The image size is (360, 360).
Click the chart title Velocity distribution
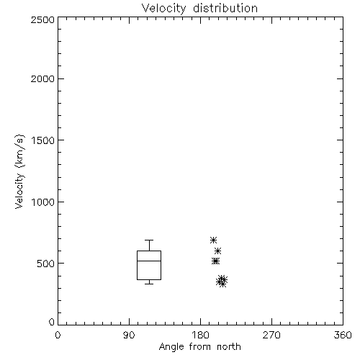[199, 9]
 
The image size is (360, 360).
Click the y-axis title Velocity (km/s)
[19, 171]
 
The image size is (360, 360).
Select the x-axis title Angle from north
[199, 347]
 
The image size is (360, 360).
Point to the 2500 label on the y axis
[42, 19]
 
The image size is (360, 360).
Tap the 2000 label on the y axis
[42, 78]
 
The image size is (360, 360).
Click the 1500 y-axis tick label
[43, 140]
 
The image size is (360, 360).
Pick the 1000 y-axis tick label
[43, 202]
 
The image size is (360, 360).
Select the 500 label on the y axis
[46, 264]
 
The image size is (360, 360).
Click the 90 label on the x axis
[129, 335]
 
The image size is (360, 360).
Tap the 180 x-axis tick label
[199, 335]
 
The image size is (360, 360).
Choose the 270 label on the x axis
[271, 335]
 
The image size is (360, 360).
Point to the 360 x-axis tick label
[343, 335]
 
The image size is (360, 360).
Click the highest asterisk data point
[213, 240]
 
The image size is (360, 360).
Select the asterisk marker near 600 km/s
[217, 251]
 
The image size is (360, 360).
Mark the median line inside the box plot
[149, 261]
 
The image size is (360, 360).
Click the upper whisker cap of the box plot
[149, 240]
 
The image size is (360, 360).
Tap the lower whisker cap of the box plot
[149, 284]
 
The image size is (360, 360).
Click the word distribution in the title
[225, 9]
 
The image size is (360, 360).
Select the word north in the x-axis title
[229, 347]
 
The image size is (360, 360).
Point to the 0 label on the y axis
[52, 322]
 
